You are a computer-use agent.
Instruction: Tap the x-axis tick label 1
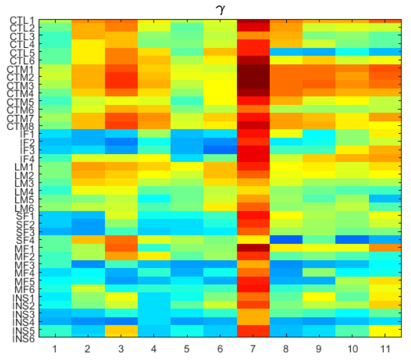(x=55, y=347)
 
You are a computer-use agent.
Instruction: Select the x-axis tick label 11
(x=385, y=347)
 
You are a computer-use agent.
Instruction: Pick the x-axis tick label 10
(x=352, y=347)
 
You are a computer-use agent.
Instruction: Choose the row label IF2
(x=25, y=142)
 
